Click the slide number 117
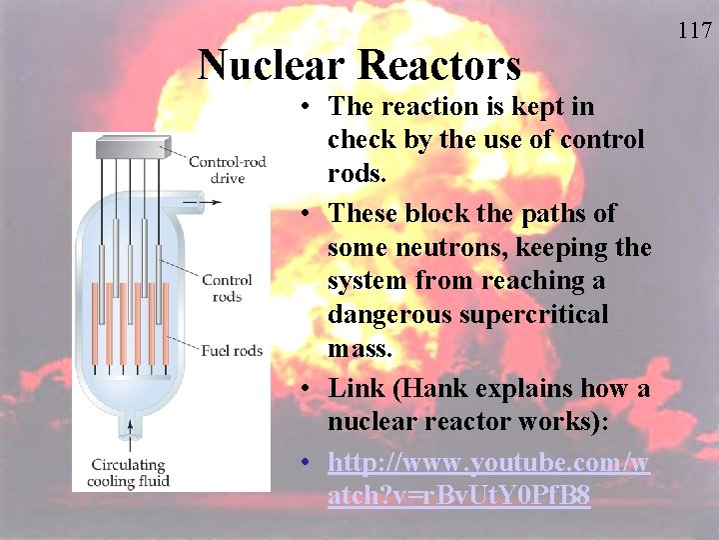pyautogui.click(x=694, y=31)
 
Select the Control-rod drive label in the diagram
pyautogui.click(x=228, y=170)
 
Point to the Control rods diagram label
pyautogui.click(x=227, y=288)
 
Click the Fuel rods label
pyautogui.click(x=232, y=350)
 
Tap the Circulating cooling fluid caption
pyautogui.click(x=128, y=471)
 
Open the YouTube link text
pyautogui.click(x=488, y=479)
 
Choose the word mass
pyautogui.click(x=359, y=349)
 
